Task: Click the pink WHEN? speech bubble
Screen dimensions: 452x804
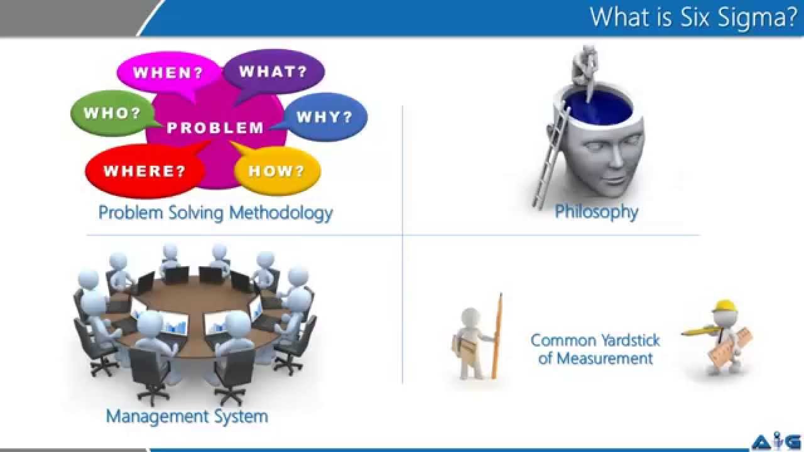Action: [x=168, y=72]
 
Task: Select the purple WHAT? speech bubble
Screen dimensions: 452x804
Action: [x=273, y=71]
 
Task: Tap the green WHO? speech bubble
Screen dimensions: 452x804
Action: [x=112, y=114]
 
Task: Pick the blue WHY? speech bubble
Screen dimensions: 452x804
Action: [x=324, y=117]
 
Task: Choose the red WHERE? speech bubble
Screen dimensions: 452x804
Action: [x=144, y=171]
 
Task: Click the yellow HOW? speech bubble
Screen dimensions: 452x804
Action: [x=276, y=171]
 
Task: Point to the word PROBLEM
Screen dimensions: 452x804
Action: [x=215, y=128]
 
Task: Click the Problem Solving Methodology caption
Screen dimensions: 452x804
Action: [x=215, y=213]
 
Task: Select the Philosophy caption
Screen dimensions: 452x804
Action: [x=596, y=212]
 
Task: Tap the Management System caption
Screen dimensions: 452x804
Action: [x=187, y=416]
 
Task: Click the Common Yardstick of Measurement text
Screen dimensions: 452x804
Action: [x=595, y=349]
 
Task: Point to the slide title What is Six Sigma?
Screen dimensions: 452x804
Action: [x=693, y=17]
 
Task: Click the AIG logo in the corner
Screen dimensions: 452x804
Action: [x=776, y=441]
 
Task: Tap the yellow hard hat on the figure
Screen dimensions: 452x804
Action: [x=724, y=306]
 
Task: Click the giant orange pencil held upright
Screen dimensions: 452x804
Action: [x=497, y=336]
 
